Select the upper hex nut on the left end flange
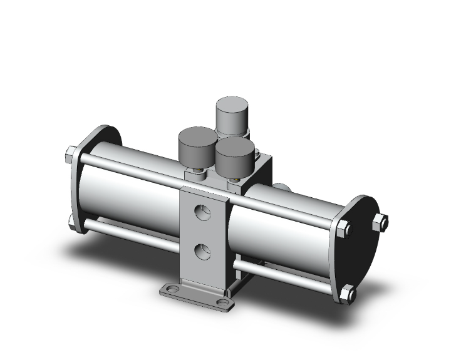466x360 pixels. [71, 154]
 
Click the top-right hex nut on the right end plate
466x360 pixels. [380, 222]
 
